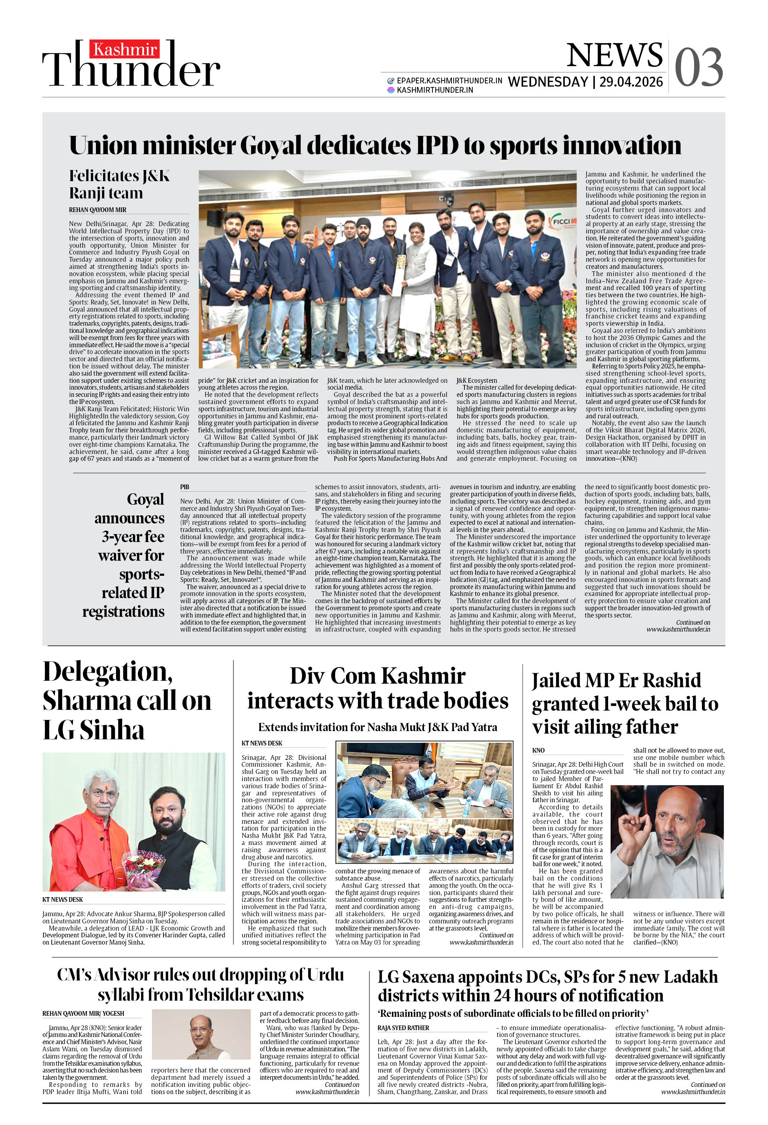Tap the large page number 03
pyautogui.click(x=698, y=68)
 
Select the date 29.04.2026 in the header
pyautogui.click(x=631, y=82)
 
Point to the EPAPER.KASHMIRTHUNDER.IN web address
pyautogui.click(x=449, y=81)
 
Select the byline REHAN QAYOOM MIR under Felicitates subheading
pyautogui.click(x=98, y=210)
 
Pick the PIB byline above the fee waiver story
pyautogui.click(x=184, y=487)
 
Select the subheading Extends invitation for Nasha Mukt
pyautogui.click(x=378, y=727)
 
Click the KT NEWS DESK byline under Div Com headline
pyautogui.click(x=262, y=743)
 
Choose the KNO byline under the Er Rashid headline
pyautogui.click(x=538, y=750)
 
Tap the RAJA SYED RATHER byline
pyautogui.click(x=403, y=1028)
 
